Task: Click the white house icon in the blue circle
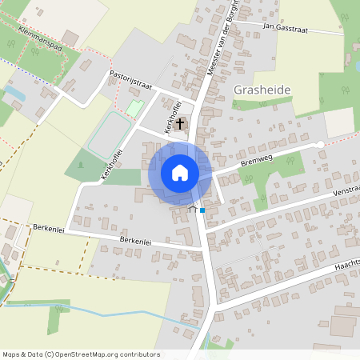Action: pyautogui.click(x=180, y=173)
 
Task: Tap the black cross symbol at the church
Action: pyautogui.click(x=182, y=124)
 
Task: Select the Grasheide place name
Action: pyautogui.click(x=262, y=90)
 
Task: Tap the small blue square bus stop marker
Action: pyautogui.click(x=202, y=210)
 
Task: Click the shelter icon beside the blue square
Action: pyautogui.click(x=192, y=209)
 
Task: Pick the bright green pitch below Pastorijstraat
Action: pyautogui.click(x=134, y=107)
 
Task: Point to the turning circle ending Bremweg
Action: pyautogui.click(x=321, y=144)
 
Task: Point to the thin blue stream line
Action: pyautogui.click(x=120, y=311)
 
